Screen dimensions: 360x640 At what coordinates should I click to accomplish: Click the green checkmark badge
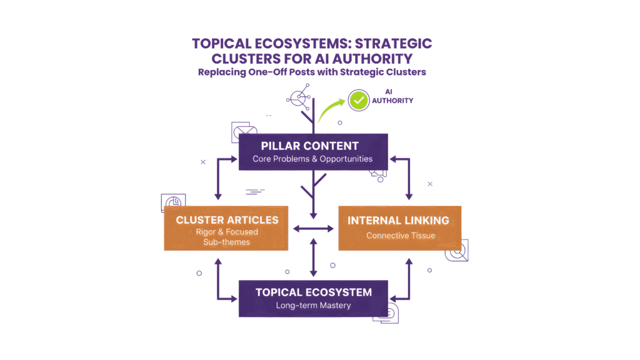pyautogui.click(x=358, y=100)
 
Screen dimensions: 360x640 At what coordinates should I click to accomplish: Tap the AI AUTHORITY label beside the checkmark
pyautogui.click(x=392, y=96)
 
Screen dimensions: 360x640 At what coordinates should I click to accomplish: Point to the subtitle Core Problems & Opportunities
pyautogui.click(x=312, y=159)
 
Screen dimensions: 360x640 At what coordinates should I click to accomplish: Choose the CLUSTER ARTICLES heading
pyautogui.click(x=227, y=219)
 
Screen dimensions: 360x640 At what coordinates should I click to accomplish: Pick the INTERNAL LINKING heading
pyautogui.click(x=399, y=220)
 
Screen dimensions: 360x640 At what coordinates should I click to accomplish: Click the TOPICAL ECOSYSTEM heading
pyautogui.click(x=314, y=292)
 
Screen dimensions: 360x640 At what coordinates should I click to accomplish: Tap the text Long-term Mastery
pyautogui.click(x=314, y=306)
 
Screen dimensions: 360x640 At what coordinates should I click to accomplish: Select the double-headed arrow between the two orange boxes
pyautogui.click(x=313, y=229)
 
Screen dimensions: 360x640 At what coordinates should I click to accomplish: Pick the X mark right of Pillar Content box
pyautogui.click(x=430, y=184)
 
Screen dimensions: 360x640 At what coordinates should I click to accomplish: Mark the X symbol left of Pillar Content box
pyautogui.click(x=203, y=162)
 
